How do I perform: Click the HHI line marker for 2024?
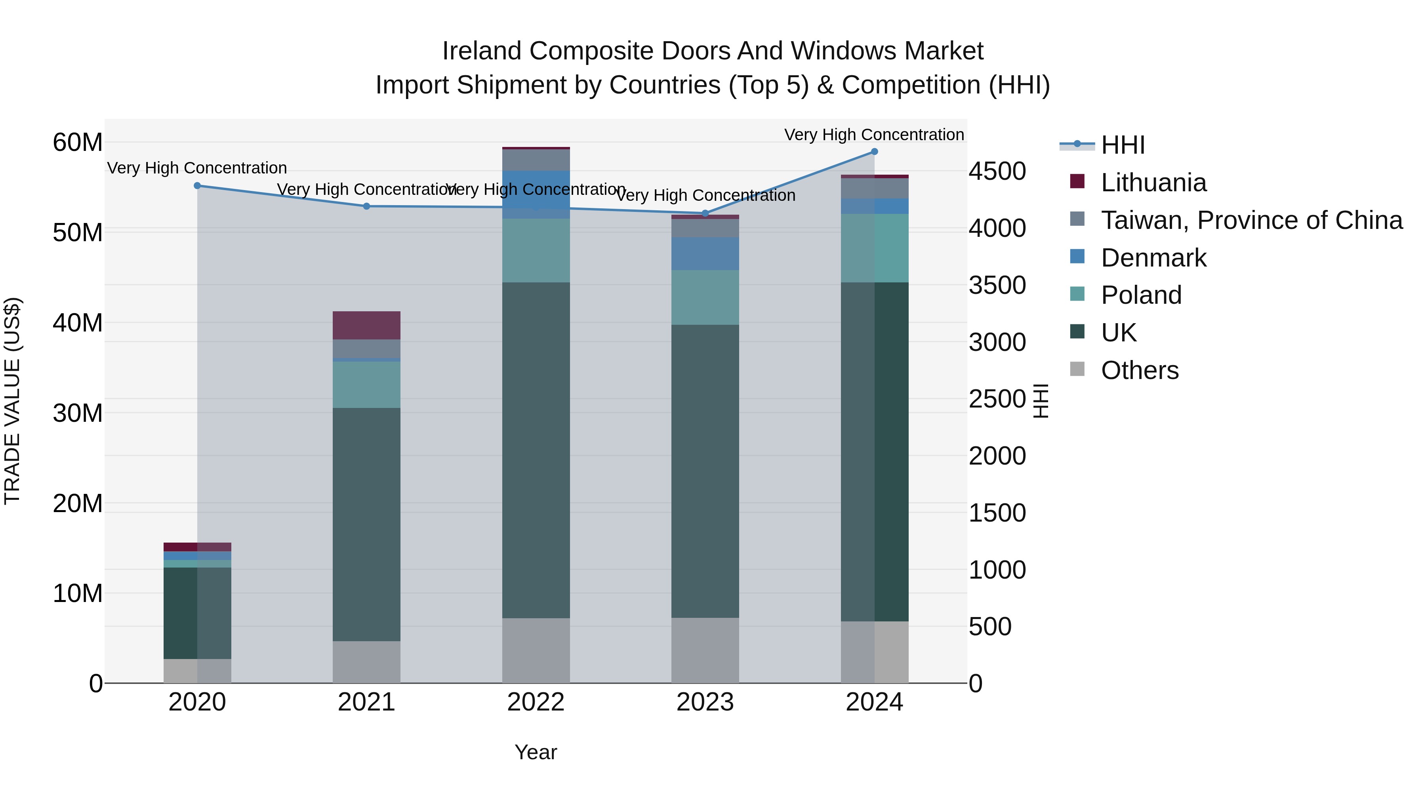(874, 152)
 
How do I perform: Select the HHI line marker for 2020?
(197, 186)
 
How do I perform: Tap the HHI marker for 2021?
(366, 206)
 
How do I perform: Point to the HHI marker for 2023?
(705, 213)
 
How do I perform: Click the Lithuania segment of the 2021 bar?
(366, 326)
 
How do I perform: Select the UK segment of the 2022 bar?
(536, 450)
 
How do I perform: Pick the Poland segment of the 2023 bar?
(705, 297)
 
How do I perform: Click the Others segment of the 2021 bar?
(366, 662)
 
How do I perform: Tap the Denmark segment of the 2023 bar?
(705, 253)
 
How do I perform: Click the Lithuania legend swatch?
(1077, 181)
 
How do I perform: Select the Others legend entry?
(1139, 370)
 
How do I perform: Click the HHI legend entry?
(1123, 145)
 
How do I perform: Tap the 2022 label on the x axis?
(536, 702)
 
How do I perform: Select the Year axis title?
(536, 752)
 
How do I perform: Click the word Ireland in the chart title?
(482, 51)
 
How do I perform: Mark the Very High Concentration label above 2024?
(874, 135)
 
